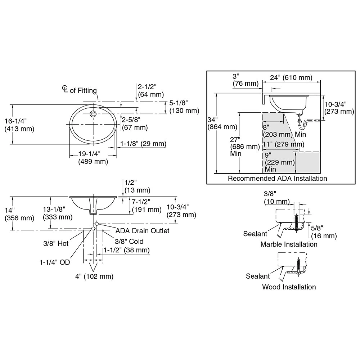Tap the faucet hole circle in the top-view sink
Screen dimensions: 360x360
click(93, 114)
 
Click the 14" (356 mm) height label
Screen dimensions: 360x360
click(19, 214)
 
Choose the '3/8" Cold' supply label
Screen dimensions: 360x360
click(129, 241)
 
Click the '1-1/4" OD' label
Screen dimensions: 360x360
click(55, 262)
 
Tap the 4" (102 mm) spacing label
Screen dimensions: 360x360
click(94, 276)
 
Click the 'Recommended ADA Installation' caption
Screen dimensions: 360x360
click(278, 178)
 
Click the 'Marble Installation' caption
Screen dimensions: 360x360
click(289, 244)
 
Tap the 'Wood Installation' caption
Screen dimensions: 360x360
click(289, 287)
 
